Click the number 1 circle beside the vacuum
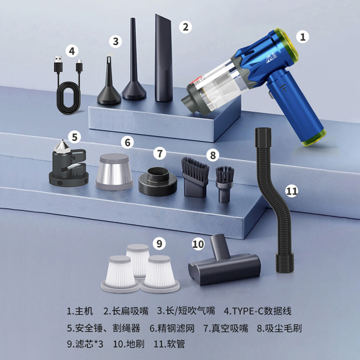point(302,37)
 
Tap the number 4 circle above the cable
point(72,51)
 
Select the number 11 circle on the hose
point(292,191)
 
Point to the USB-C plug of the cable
point(79,66)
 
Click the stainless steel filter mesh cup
point(114,171)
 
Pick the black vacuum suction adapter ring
point(158,181)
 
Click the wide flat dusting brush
point(195,177)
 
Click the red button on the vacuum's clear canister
point(195,81)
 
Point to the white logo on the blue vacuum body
point(271,58)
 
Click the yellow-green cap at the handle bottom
point(314,138)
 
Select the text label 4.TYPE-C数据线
point(257,311)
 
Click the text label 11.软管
point(169,344)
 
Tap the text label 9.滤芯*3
point(85,344)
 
